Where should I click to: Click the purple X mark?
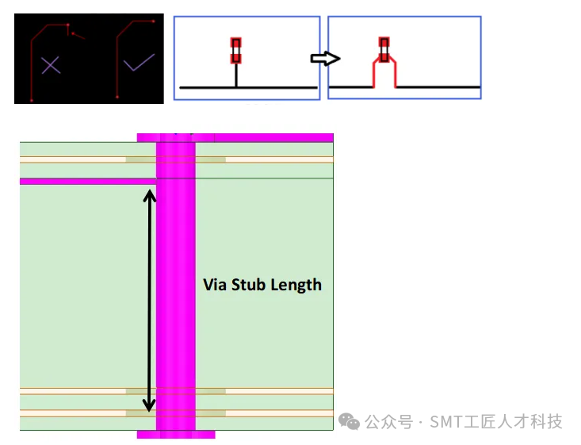[x=51, y=65]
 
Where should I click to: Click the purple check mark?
[x=139, y=63]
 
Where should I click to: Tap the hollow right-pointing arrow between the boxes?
[x=325, y=58]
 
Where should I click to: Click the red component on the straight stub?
[x=236, y=51]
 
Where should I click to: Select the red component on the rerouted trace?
[x=384, y=50]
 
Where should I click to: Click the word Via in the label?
[x=215, y=285]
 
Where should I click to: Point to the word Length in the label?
[x=296, y=286]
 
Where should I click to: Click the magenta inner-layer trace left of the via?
[x=88, y=182]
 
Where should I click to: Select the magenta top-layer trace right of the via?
[x=273, y=137]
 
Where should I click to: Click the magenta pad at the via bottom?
[x=176, y=434]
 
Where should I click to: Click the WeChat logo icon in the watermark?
[x=349, y=422]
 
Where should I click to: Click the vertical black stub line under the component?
[x=236, y=75]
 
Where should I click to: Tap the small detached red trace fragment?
[x=78, y=36]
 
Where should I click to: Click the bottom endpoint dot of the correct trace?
[x=117, y=97]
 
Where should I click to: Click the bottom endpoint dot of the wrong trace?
[x=32, y=100]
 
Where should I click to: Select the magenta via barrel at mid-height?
[x=176, y=286]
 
